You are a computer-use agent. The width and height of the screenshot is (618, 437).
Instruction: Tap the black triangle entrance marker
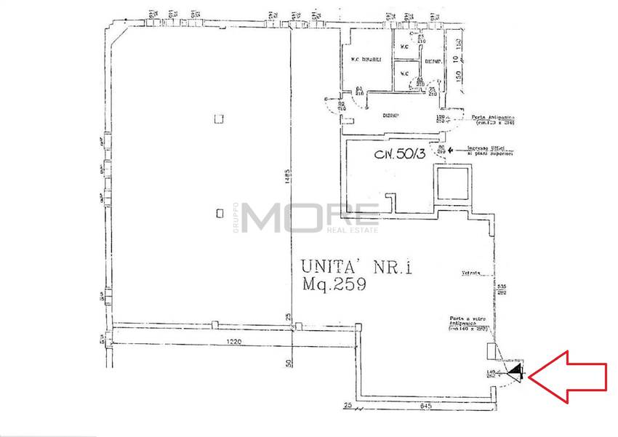[x=516, y=372]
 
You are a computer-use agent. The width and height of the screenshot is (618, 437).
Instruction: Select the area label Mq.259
[x=334, y=286]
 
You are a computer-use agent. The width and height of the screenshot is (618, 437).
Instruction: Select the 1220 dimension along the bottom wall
[x=212, y=341]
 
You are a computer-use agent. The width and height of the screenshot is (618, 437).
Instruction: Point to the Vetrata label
[x=472, y=274]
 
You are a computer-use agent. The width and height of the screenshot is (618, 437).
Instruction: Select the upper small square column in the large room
[x=220, y=118]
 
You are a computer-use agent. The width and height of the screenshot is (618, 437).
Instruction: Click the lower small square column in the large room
[x=220, y=213]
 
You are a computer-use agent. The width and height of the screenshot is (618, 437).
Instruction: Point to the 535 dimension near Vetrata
[x=501, y=287]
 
